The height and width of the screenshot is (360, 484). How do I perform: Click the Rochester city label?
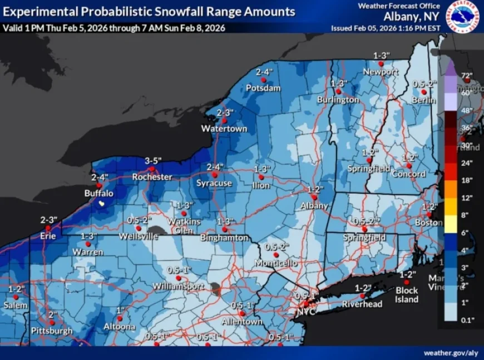(152, 177)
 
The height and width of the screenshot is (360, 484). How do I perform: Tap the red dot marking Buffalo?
(98, 185)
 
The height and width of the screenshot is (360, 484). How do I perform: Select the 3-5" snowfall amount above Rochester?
(153, 161)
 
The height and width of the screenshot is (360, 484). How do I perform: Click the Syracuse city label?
(214, 183)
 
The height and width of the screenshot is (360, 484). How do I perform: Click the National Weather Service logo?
(463, 17)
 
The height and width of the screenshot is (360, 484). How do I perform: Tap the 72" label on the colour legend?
(466, 75)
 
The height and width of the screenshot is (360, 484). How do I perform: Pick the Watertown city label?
(224, 129)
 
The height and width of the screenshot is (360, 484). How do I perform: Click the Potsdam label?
(263, 88)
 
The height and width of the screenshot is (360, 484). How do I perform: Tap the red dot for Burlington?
(338, 91)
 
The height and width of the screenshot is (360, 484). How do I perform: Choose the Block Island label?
(407, 295)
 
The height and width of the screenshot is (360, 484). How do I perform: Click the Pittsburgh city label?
(52, 331)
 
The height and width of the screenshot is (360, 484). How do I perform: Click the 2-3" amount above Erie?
(49, 220)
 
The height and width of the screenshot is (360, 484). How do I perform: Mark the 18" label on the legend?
(466, 180)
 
